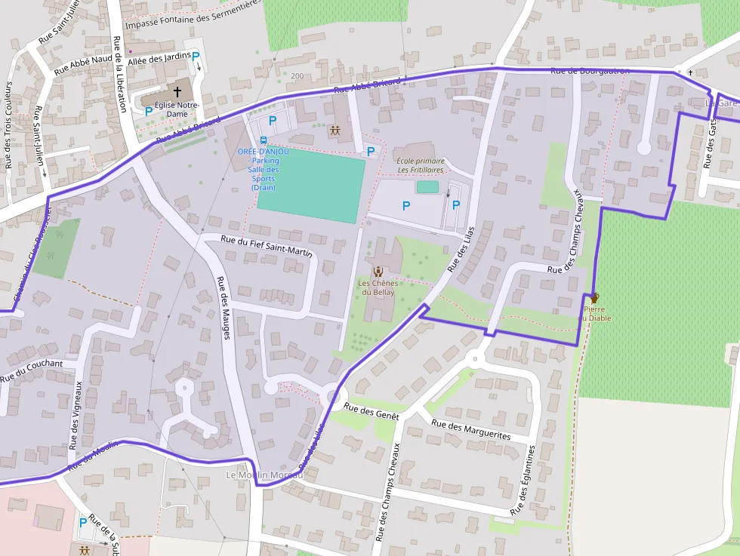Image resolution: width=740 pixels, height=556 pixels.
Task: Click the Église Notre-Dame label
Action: click(x=177, y=109)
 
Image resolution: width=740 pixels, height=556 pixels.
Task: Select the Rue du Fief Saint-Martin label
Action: click(x=267, y=247)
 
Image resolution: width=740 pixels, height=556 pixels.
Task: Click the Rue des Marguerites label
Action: click(x=470, y=430)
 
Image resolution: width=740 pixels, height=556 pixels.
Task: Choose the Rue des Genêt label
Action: click(x=371, y=411)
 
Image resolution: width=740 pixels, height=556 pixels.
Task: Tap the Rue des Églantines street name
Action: click(x=524, y=480)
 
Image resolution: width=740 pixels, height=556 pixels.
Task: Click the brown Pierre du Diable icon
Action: click(x=595, y=298)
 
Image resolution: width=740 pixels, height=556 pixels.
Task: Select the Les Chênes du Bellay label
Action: click(x=378, y=287)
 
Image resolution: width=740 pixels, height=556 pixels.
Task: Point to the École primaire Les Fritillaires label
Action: click(x=421, y=164)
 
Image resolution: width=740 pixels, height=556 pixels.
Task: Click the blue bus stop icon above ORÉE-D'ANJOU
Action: click(x=263, y=140)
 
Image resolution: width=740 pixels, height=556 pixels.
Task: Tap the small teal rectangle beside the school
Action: click(x=427, y=186)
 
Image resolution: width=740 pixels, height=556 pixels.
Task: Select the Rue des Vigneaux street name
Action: click(x=77, y=414)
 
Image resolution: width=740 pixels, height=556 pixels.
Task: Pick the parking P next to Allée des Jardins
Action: click(x=196, y=56)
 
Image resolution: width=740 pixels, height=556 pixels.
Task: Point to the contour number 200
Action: click(x=297, y=76)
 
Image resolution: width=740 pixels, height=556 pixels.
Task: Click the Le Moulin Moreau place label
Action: click(x=264, y=475)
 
